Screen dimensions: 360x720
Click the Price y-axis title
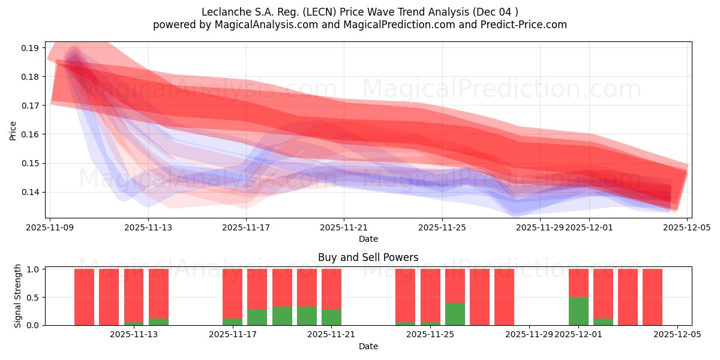(13, 130)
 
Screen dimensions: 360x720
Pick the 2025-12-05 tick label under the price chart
(687, 227)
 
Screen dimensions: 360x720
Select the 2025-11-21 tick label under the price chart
(344, 227)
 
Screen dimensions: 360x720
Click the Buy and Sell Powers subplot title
(368, 257)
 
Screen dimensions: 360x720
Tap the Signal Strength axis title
(18, 296)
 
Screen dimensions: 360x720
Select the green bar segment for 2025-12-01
(578, 311)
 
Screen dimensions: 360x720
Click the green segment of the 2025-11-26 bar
(455, 314)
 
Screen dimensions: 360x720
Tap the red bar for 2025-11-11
(109, 297)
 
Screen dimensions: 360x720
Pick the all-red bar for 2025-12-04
(652, 297)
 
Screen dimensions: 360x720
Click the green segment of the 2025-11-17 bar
(232, 322)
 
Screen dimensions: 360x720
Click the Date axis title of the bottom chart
(368, 346)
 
